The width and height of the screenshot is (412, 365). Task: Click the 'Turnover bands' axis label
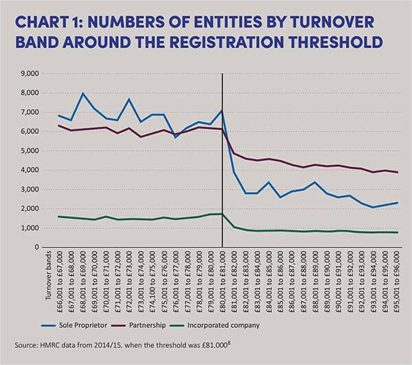pyautogui.click(x=48, y=279)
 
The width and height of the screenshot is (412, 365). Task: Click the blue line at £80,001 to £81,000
pyautogui.click(x=222, y=111)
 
